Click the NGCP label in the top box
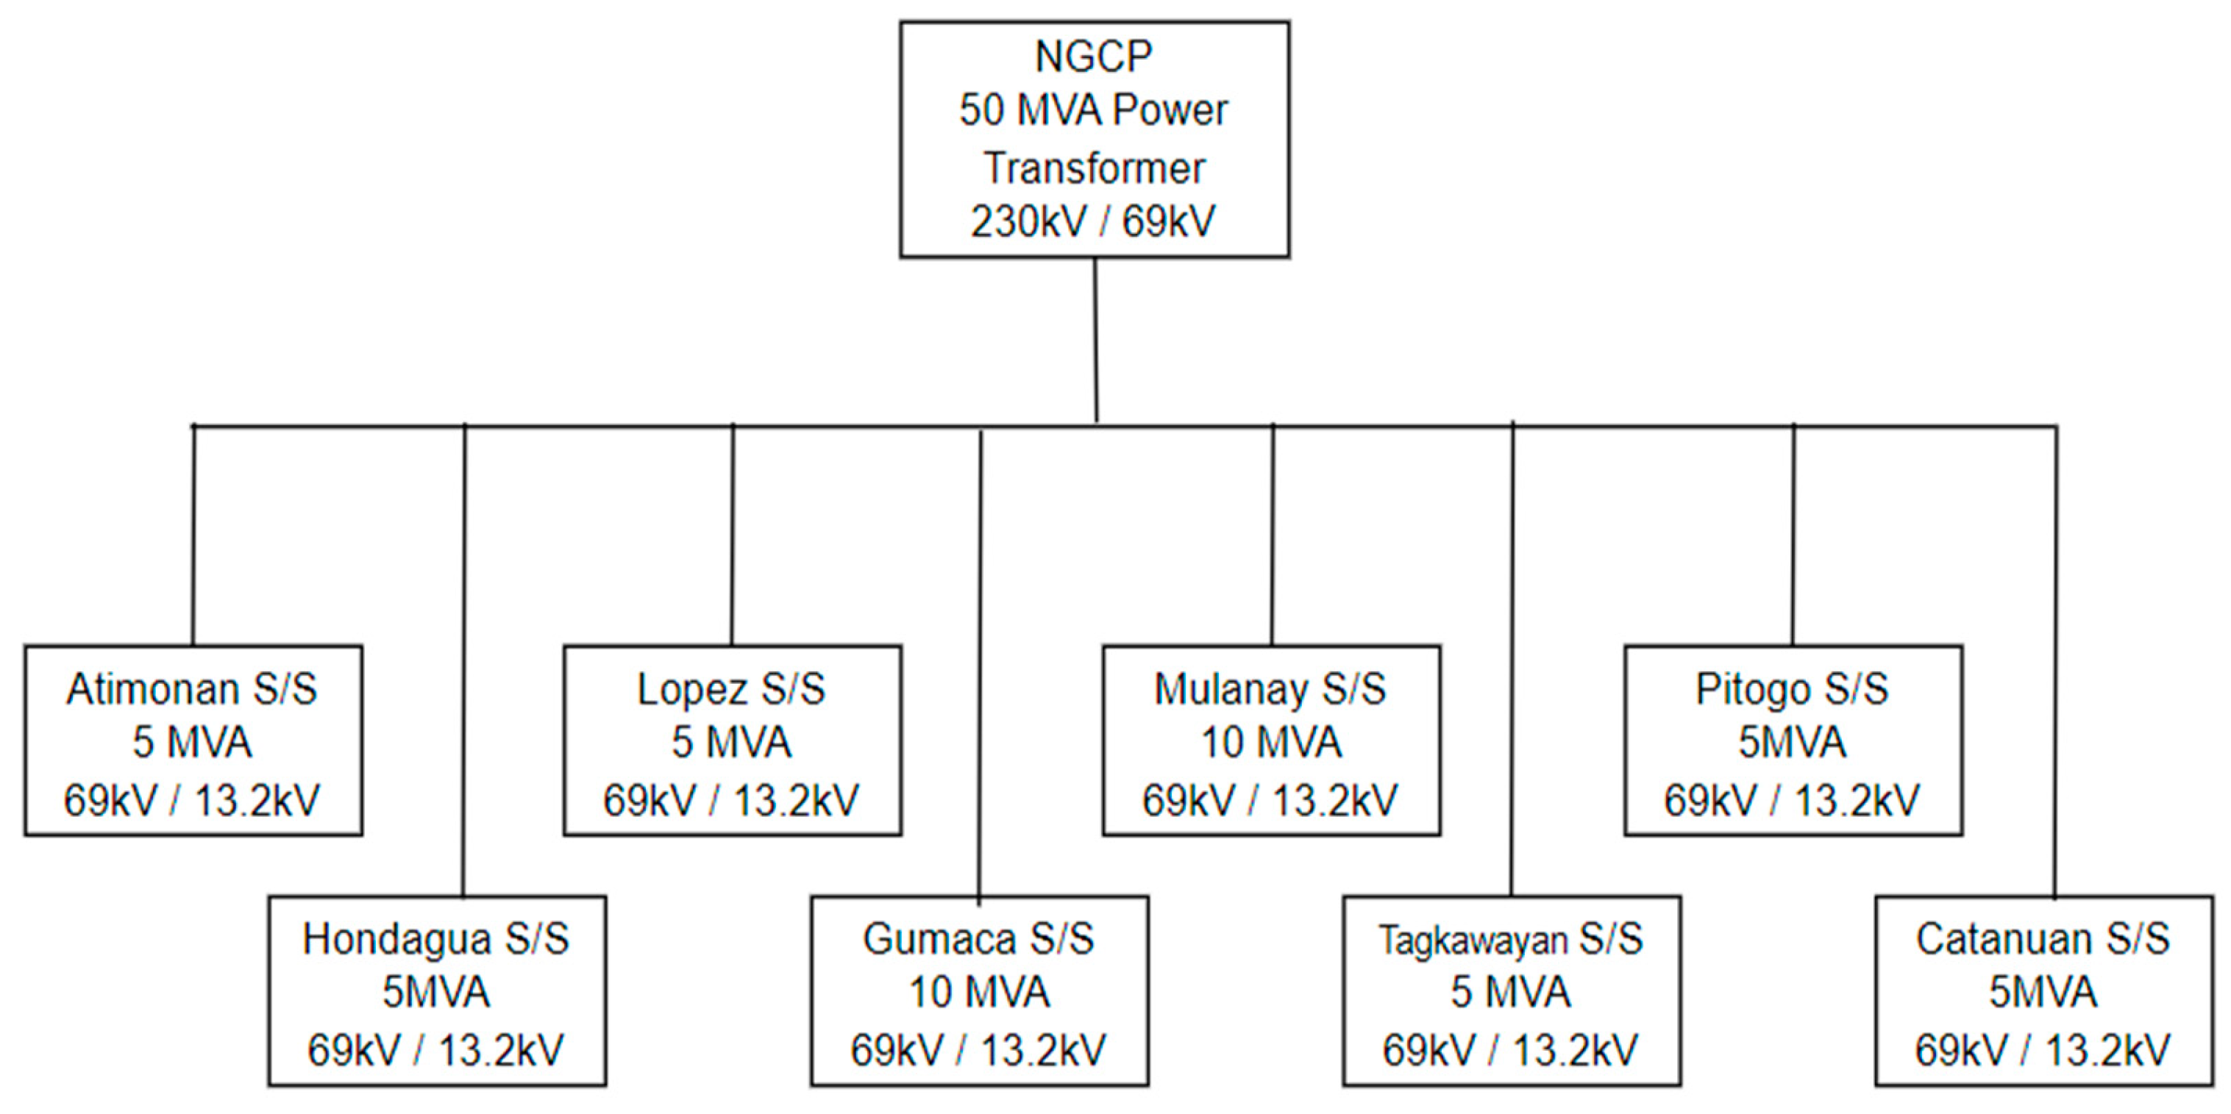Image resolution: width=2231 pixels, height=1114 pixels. (x=1093, y=57)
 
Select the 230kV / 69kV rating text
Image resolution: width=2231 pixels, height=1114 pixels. (x=1093, y=221)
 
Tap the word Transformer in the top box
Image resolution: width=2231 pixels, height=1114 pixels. (x=1094, y=168)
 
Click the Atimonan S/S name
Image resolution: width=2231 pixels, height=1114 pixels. (x=192, y=690)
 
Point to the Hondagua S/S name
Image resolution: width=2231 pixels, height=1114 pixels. (x=435, y=939)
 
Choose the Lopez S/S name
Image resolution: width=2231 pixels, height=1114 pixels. (x=731, y=690)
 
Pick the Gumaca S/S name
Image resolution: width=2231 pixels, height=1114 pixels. (x=978, y=939)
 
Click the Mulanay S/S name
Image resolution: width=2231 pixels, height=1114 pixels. (x=1270, y=690)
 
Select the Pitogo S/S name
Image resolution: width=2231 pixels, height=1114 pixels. (x=1792, y=690)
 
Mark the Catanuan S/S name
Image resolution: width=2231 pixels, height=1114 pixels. (x=2042, y=939)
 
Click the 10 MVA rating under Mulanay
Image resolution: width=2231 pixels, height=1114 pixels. (x=1270, y=743)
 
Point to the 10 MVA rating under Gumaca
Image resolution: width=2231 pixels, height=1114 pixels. (x=978, y=992)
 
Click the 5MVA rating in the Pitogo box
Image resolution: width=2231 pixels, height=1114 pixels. (x=1792, y=743)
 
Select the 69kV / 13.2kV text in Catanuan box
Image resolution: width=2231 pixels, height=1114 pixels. (x=2042, y=1051)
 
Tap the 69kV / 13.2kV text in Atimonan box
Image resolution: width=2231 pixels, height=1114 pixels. (x=192, y=801)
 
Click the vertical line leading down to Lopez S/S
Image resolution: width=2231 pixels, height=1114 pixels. (x=733, y=537)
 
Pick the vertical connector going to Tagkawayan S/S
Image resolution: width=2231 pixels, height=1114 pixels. (x=1512, y=658)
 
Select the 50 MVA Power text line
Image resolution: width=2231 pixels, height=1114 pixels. (x=1093, y=111)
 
